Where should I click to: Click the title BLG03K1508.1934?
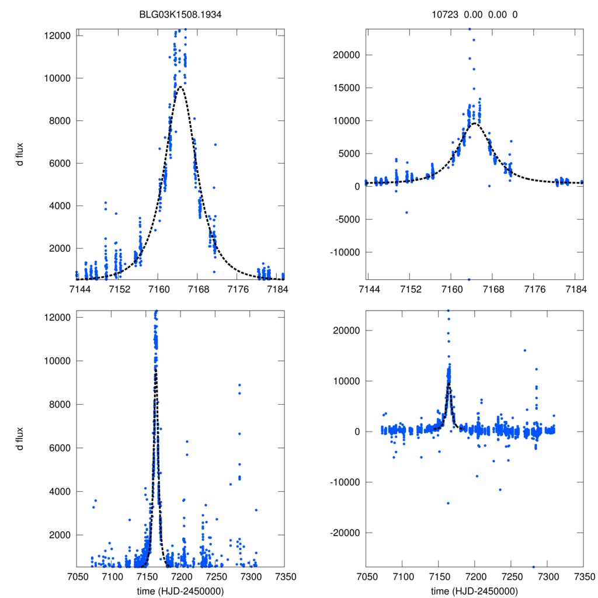coord(180,15)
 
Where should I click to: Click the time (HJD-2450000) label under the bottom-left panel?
coord(180,591)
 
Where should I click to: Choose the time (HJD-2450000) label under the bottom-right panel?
coord(474,591)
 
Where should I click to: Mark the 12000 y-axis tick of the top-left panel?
coord(58,36)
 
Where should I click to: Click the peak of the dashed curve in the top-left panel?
coord(181,87)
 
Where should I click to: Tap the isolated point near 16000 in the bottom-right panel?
coord(525,350)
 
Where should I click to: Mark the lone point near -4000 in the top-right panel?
coord(406,212)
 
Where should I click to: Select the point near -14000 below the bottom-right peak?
coord(448,503)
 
